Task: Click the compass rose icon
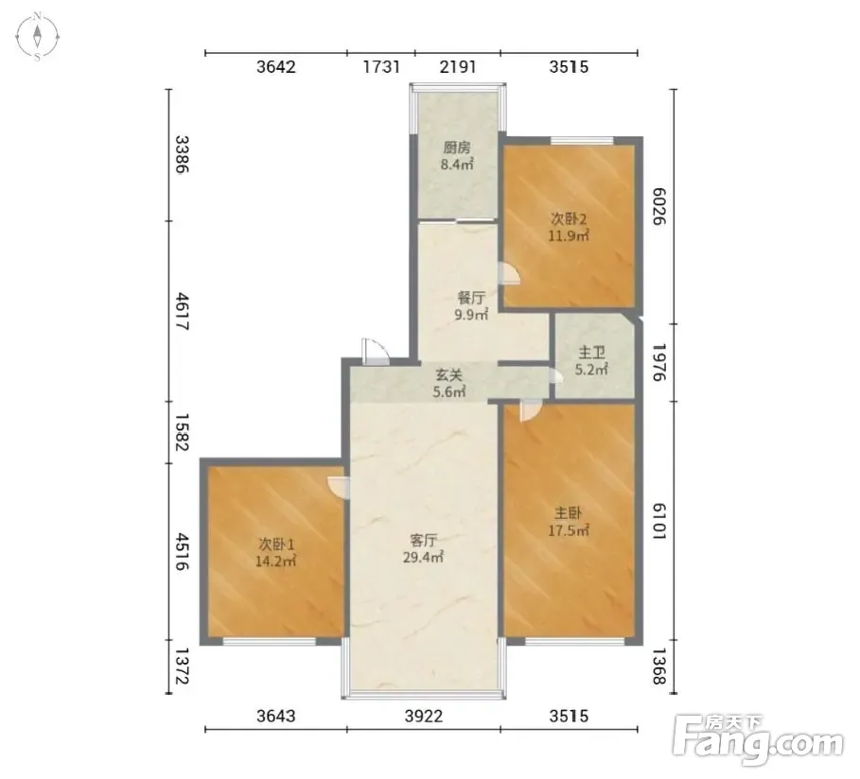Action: click(37, 37)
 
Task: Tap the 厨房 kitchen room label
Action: click(457, 147)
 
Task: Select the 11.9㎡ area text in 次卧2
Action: click(569, 235)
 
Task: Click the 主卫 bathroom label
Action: click(591, 352)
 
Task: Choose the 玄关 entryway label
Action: click(449, 375)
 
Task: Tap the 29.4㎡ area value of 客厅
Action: click(423, 558)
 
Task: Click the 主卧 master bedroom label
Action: click(569, 513)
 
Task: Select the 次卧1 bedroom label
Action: click(276, 545)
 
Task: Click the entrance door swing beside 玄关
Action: click(376, 352)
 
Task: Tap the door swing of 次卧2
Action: click(508, 272)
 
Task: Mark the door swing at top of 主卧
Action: click(531, 410)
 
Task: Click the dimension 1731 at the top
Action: click(381, 66)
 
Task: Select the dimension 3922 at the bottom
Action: click(424, 716)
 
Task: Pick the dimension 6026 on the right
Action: click(658, 206)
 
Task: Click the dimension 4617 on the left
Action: click(182, 311)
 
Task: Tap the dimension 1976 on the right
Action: click(658, 362)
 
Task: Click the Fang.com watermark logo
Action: click(759, 739)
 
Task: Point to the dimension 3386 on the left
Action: click(182, 155)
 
